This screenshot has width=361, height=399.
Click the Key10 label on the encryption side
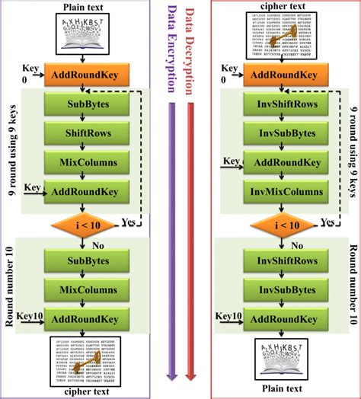tap(28, 314)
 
